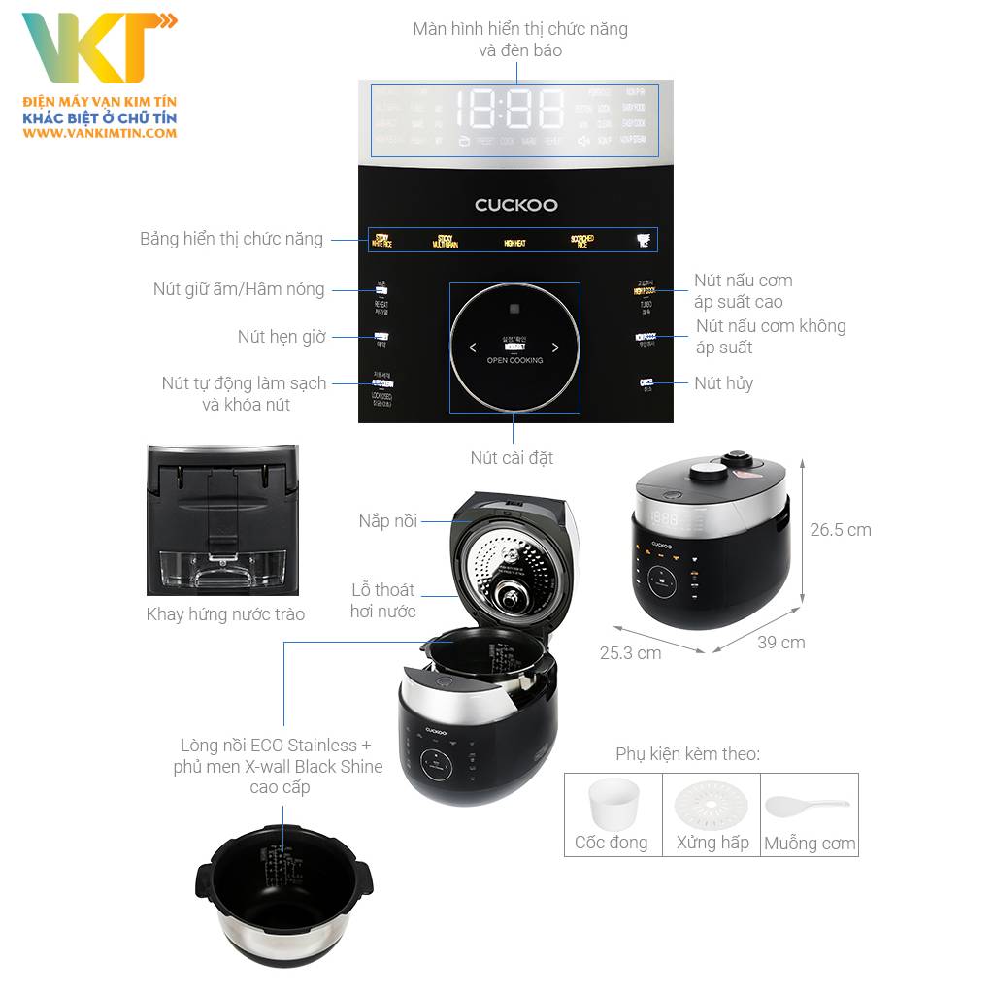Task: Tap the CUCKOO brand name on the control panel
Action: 515,205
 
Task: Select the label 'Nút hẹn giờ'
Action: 282,337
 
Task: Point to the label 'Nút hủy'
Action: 723,383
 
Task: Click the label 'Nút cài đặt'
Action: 512,457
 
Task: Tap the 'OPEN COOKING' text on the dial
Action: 514,361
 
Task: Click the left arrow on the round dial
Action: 473,348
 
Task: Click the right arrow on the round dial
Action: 555,348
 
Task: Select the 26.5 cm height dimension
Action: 840,530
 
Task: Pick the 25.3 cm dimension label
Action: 630,653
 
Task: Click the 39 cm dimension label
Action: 780,643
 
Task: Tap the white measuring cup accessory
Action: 612,803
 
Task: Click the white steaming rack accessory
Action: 712,805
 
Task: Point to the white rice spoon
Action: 807,806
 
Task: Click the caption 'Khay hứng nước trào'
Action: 225,614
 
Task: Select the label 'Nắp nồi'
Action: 387,521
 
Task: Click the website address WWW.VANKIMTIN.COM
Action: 99,133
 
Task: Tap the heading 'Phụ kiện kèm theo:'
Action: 687,754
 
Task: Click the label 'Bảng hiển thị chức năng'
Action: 231,239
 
